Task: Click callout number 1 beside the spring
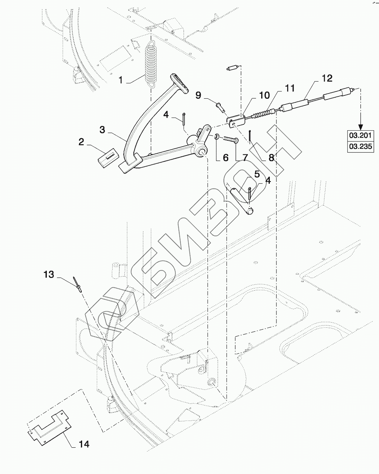click(x=121, y=80)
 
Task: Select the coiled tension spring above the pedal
click(x=150, y=64)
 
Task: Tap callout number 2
click(x=81, y=142)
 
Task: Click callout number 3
click(x=102, y=130)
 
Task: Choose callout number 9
click(x=198, y=95)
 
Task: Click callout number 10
click(x=264, y=95)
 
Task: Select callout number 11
click(x=290, y=88)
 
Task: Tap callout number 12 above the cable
click(x=327, y=78)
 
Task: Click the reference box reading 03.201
click(x=360, y=135)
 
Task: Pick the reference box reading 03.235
click(x=360, y=146)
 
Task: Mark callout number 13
click(x=49, y=274)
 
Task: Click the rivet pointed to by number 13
click(x=77, y=285)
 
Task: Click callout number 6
click(x=226, y=157)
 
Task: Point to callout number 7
click(x=245, y=157)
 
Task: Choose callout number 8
click(x=271, y=157)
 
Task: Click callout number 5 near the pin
click(x=257, y=174)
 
